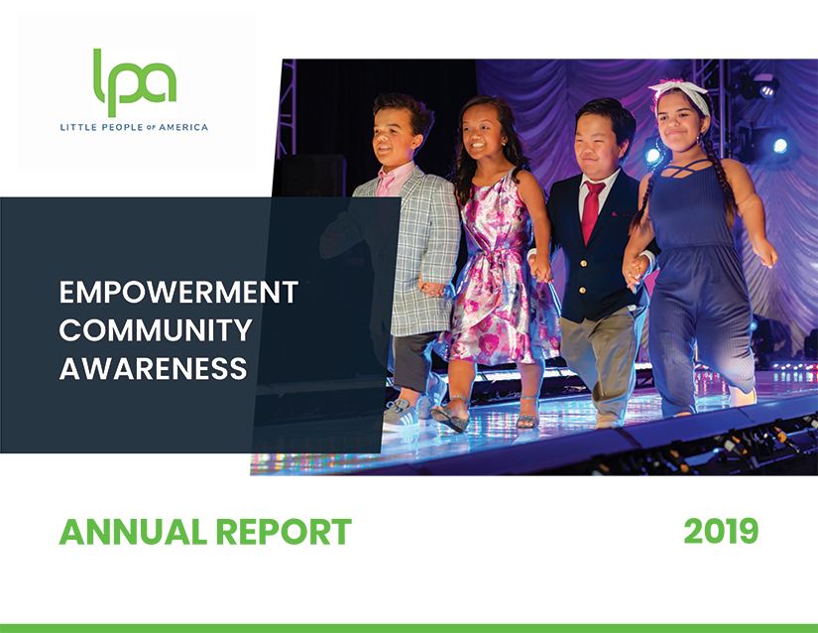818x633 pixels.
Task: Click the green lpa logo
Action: click(x=135, y=82)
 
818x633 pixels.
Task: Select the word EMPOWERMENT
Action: click(x=178, y=293)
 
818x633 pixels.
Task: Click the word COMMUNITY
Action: click(x=156, y=330)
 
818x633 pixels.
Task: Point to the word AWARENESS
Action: click(x=153, y=368)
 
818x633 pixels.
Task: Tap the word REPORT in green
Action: click(x=284, y=532)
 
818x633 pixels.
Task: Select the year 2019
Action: click(x=721, y=532)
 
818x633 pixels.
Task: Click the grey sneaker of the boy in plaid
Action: click(x=401, y=412)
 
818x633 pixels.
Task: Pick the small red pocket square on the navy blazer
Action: click(x=617, y=213)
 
